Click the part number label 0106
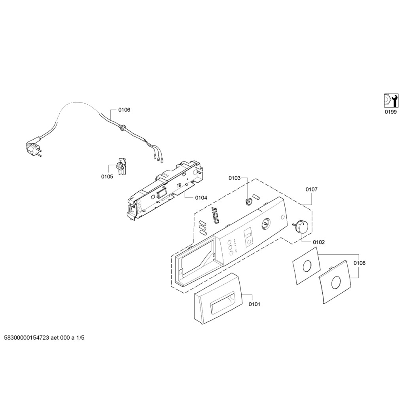coord(124,110)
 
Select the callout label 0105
coord(107,176)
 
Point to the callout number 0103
coord(234,178)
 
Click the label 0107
coord(311,189)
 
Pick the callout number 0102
coord(319,242)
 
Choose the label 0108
coord(360,263)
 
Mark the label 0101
coord(254,304)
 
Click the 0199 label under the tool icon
coord(391,112)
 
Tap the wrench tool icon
coord(391,100)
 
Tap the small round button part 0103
coord(249,202)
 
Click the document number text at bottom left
coord(44,338)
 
